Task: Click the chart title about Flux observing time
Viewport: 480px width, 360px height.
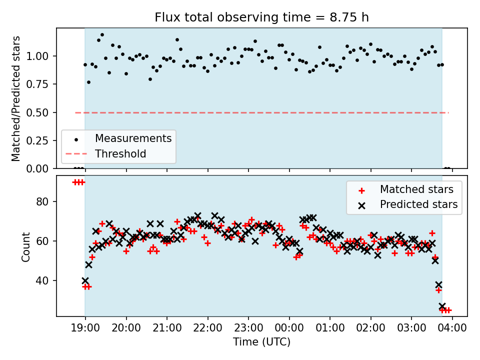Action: [x=261, y=17]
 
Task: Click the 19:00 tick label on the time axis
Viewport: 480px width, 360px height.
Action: [x=85, y=328]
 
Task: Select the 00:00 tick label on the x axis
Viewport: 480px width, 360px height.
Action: [x=289, y=328]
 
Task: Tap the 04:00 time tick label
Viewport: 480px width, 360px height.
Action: [x=452, y=328]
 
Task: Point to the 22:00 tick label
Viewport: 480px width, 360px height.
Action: [x=208, y=328]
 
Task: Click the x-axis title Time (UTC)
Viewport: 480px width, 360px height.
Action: [x=261, y=342]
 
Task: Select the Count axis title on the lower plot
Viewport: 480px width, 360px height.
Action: [x=25, y=246]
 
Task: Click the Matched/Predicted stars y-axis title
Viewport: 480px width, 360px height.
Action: [x=16, y=98]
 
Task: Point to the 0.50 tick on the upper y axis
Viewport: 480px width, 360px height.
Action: [x=39, y=112]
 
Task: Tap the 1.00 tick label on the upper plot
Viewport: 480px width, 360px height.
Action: [x=39, y=56]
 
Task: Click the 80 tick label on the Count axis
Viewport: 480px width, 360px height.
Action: [x=43, y=201]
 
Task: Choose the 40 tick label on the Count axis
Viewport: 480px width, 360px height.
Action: [x=43, y=280]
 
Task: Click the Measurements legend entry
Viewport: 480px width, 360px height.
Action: [x=133, y=138]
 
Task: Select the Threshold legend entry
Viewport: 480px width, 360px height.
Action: [x=120, y=153]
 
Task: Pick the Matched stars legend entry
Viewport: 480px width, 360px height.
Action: [x=416, y=189]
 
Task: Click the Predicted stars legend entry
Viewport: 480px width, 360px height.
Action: [x=418, y=204]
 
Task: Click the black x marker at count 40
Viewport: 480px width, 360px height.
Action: [x=85, y=281]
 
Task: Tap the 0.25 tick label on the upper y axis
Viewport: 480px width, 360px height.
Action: [x=39, y=140]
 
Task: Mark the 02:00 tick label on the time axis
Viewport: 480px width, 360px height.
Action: [x=371, y=328]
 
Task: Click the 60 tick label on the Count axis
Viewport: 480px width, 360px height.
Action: [x=43, y=241]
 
